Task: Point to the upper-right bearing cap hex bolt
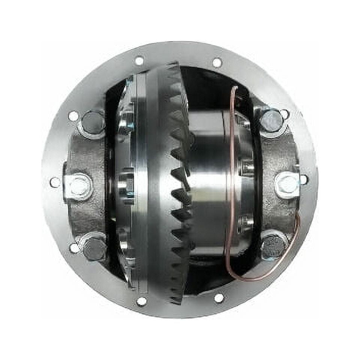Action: coord(271,121)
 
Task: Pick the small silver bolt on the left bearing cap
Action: coord(79,186)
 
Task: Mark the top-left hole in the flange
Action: coord(139,60)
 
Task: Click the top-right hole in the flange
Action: coord(217,63)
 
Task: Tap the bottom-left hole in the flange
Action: coord(141,301)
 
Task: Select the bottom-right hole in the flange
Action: coord(219,298)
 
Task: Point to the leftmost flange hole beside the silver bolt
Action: coord(55,182)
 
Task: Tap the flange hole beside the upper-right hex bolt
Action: coord(285,114)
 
